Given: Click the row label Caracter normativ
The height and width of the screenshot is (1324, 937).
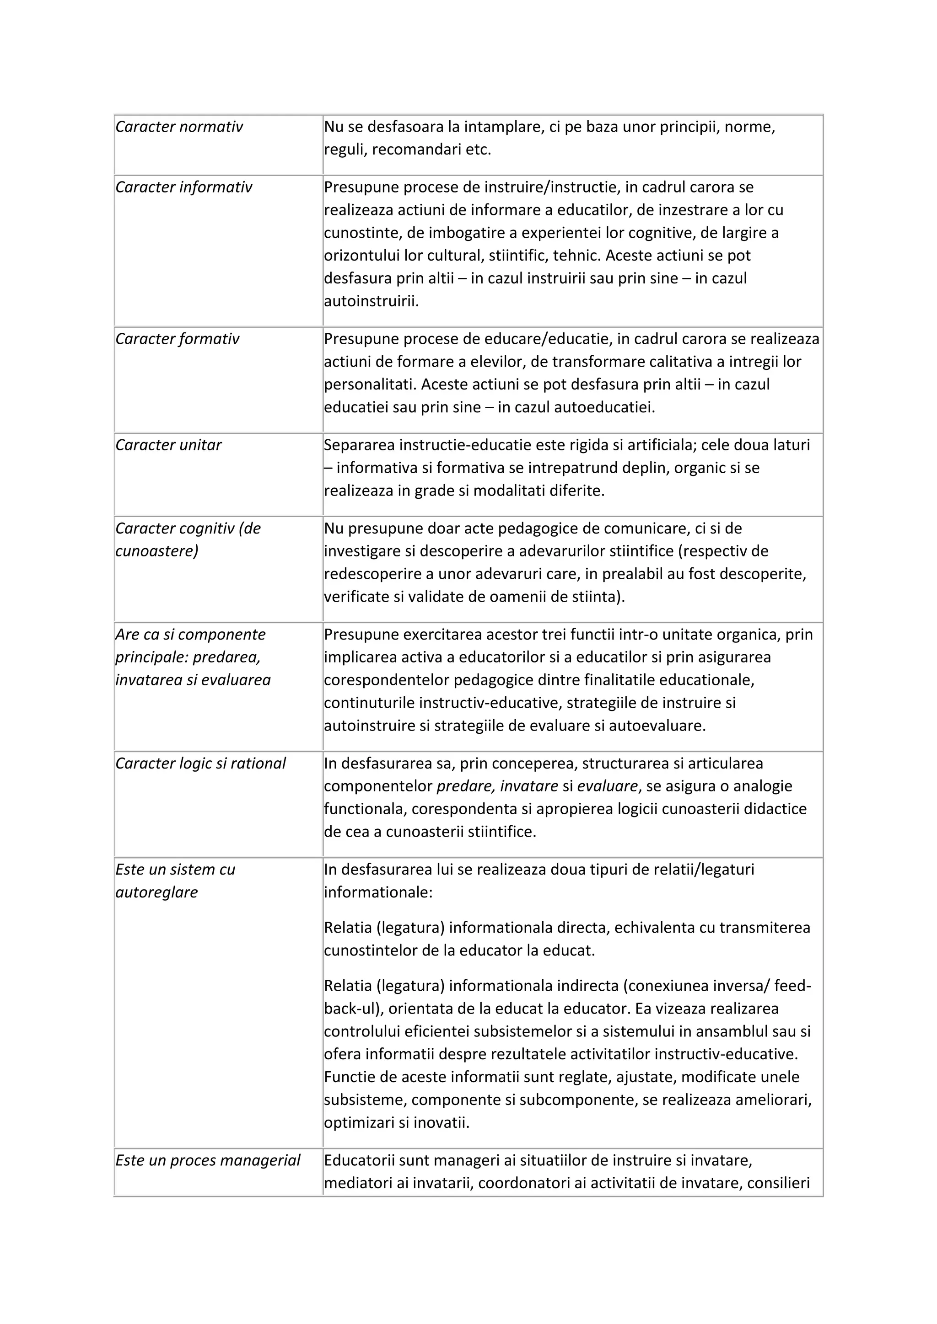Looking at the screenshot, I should click(x=179, y=127).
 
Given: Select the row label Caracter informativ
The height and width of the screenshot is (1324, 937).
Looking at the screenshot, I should click(x=183, y=187).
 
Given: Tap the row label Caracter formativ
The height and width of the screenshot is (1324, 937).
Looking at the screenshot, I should click(x=177, y=339).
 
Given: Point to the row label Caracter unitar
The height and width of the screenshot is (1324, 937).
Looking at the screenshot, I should click(x=168, y=445).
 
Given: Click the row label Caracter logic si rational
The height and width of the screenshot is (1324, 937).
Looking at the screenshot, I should click(x=200, y=763).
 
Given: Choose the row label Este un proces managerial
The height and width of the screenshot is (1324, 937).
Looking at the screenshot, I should click(x=208, y=1160).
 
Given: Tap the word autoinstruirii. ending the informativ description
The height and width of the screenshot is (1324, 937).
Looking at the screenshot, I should click(x=371, y=301).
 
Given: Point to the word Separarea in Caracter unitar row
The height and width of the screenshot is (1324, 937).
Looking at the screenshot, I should click(x=358, y=445).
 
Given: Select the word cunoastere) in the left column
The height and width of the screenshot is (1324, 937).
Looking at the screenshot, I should click(x=156, y=551).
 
